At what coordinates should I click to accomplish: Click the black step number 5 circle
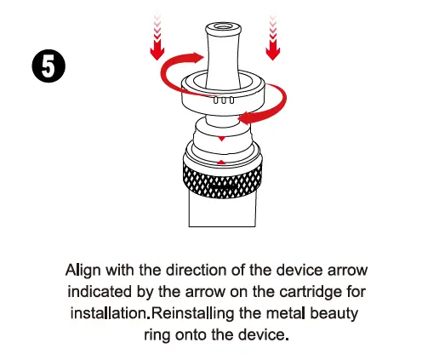(48, 66)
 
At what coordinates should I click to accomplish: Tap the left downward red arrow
(157, 37)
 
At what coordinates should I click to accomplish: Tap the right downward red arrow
(273, 37)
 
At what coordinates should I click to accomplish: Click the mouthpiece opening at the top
(223, 27)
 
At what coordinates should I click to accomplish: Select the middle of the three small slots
(224, 100)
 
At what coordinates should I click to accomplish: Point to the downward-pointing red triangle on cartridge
(221, 139)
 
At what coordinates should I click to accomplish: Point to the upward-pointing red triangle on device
(221, 162)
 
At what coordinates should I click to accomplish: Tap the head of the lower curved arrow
(246, 118)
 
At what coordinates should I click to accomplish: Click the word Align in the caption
(83, 271)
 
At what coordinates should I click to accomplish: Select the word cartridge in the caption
(311, 292)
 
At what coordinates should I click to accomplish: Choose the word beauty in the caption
(334, 314)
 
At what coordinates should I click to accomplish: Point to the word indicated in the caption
(100, 292)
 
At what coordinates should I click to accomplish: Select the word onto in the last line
(191, 334)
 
